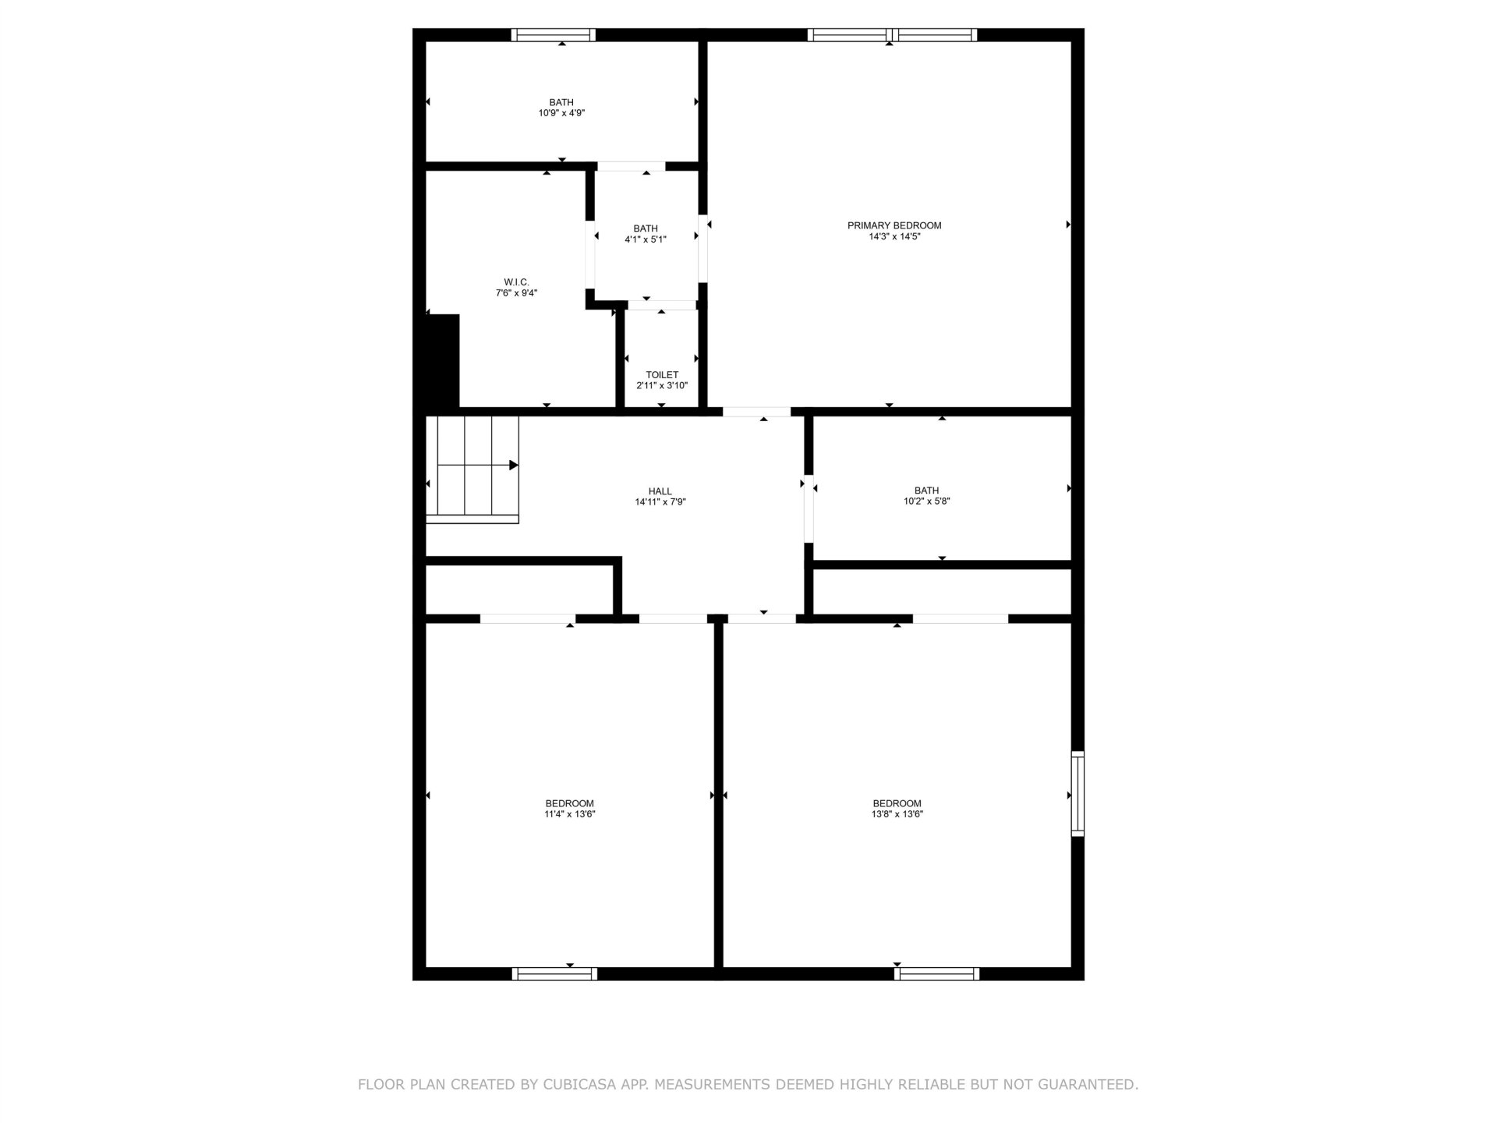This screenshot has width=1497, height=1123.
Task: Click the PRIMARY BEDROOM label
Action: coord(894,225)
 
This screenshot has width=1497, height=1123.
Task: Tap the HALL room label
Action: coord(660,491)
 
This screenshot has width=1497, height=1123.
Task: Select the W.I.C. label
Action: coord(516,282)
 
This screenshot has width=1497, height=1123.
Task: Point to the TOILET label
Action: coord(662,375)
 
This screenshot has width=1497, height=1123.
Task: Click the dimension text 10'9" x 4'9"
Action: coord(561,113)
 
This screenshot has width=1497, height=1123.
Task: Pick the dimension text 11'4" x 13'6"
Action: coord(570,814)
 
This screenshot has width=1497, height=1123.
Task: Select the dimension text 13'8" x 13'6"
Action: coord(897,814)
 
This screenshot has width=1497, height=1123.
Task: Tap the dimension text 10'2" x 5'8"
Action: coord(927,501)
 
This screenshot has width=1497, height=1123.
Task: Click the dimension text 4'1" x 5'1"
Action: coord(646,239)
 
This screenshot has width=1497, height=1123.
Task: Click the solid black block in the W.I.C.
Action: coord(442,360)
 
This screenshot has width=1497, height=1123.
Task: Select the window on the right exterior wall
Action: coord(1078,793)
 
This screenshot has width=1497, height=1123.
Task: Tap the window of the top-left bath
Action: coord(554,35)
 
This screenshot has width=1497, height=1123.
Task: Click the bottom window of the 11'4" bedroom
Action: coord(554,973)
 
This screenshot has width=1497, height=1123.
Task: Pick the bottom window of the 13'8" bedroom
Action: coord(936,973)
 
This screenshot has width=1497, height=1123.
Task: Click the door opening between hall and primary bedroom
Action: coord(756,411)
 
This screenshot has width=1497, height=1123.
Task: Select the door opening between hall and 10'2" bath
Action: coord(809,508)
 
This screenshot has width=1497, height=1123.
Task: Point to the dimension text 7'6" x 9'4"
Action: coord(516,293)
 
